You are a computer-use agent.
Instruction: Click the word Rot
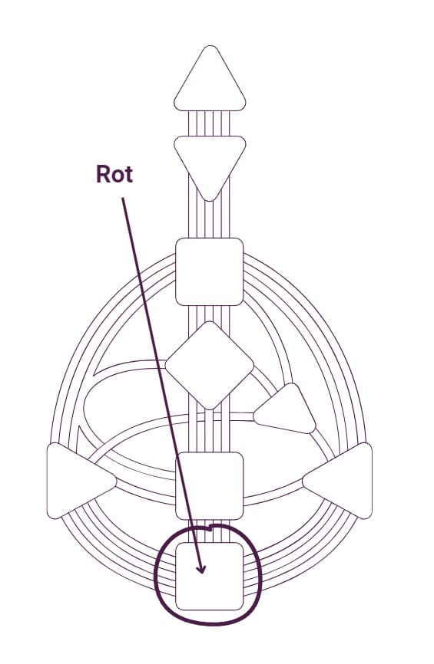(114, 174)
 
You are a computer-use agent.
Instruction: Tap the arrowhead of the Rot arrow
(201, 568)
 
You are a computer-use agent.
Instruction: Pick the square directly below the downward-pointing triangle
(210, 272)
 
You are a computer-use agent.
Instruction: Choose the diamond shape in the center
(210, 366)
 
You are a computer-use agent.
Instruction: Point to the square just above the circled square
(210, 485)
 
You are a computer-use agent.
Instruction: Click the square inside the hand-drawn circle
(210, 576)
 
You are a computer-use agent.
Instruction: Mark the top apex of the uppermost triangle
(210, 46)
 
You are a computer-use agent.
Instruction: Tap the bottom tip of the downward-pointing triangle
(210, 201)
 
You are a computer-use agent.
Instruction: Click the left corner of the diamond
(165, 366)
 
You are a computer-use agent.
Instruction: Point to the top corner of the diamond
(210, 322)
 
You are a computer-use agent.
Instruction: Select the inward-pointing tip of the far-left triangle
(116, 481)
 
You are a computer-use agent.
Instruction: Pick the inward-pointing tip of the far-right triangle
(303, 481)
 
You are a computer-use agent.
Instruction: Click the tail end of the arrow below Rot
(123, 198)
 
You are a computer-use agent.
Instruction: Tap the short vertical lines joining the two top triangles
(210, 123)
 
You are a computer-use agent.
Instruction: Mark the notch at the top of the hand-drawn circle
(210, 528)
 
